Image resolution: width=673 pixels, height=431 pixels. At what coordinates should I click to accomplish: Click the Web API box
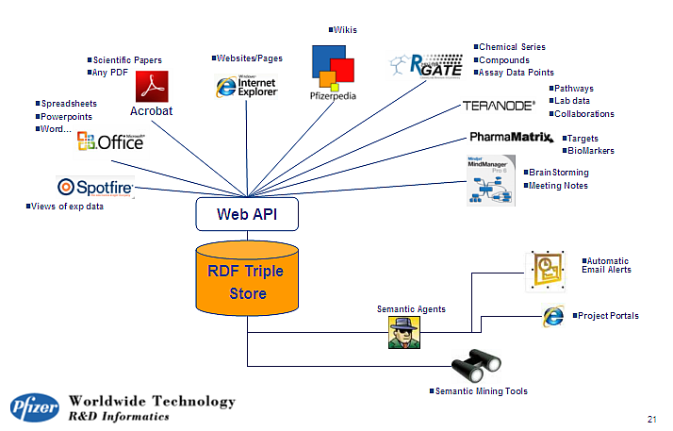point(248,214)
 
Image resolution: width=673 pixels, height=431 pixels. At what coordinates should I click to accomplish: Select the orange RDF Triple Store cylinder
point(246,280)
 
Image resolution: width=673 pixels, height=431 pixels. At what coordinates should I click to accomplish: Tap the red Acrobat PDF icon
point(151,88)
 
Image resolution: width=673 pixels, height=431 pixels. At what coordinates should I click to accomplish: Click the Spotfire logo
point(95,187)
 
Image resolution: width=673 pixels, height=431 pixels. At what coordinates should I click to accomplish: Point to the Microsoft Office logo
point(111,142)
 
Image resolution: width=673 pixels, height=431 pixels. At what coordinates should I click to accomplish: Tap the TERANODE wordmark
point(499,106)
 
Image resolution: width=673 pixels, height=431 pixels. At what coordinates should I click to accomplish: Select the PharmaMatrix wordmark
point(510,138)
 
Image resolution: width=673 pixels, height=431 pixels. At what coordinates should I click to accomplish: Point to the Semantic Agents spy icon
point(403,332)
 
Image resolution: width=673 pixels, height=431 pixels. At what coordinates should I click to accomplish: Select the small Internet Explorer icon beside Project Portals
point(553,316)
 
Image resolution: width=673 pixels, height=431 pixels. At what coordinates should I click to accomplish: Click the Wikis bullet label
point(343,30)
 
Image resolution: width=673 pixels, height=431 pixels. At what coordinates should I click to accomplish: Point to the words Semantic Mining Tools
point(481,391)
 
